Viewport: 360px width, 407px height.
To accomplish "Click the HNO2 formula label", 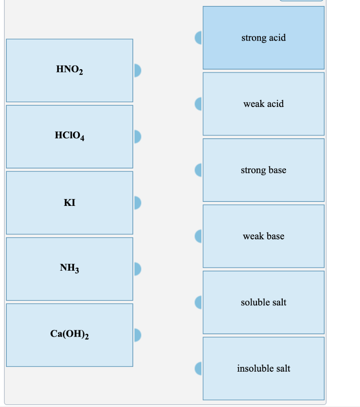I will (x=70, y=70).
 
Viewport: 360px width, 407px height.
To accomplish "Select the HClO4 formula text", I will (x=70, y=136).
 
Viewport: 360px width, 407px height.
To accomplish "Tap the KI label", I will (x=70, y=203).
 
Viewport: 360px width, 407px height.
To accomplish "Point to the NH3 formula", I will (x=70, y=269).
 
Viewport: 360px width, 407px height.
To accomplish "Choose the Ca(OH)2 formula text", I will (x=70, y=335).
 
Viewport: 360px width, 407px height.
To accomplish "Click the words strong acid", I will (x=263, y=38).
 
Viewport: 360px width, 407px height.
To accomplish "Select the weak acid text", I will (x=263, y=104).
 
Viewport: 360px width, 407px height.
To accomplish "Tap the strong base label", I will (x=263, y=170).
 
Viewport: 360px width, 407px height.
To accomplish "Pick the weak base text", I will (x=263, y=236).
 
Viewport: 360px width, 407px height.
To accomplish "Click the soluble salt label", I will (x=263, y=302).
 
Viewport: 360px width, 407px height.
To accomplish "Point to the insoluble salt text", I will (x=263, y=368).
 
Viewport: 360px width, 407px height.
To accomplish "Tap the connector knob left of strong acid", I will (x=198, y=38).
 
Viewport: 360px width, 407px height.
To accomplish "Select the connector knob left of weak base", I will (x=198, y=236).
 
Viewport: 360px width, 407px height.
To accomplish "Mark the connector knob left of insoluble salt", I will (x=198, y=368).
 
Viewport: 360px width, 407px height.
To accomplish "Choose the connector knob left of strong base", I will (x=198, y=170).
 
